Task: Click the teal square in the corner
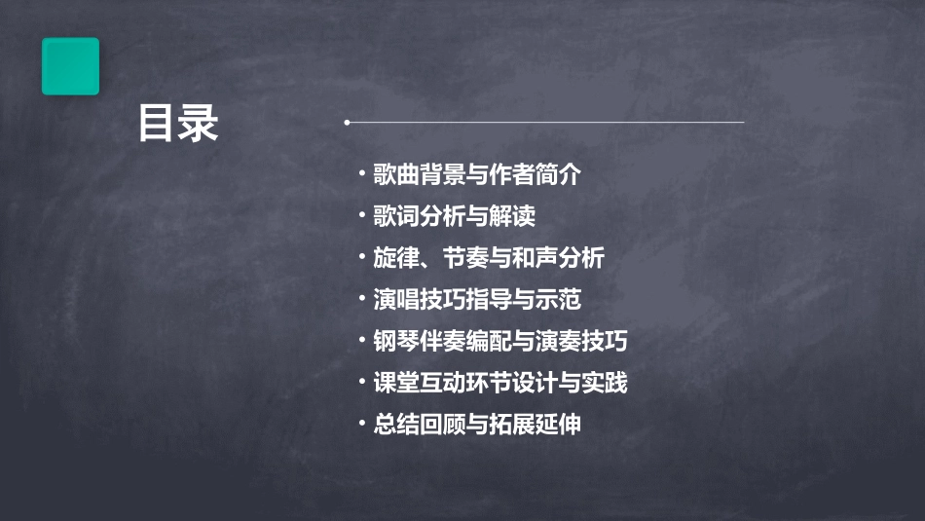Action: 70,66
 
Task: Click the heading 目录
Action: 177,124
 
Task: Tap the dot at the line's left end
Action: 347,123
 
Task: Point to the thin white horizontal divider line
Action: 545,123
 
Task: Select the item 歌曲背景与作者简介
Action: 477,175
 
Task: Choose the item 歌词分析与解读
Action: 454,216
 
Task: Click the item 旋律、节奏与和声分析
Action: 489,258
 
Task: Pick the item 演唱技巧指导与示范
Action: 477,300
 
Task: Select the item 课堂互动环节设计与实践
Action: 500,383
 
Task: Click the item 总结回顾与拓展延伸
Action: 477,425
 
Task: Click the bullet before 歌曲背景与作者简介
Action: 363,175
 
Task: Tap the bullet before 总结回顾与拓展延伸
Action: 363,425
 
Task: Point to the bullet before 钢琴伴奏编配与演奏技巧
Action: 363,342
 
